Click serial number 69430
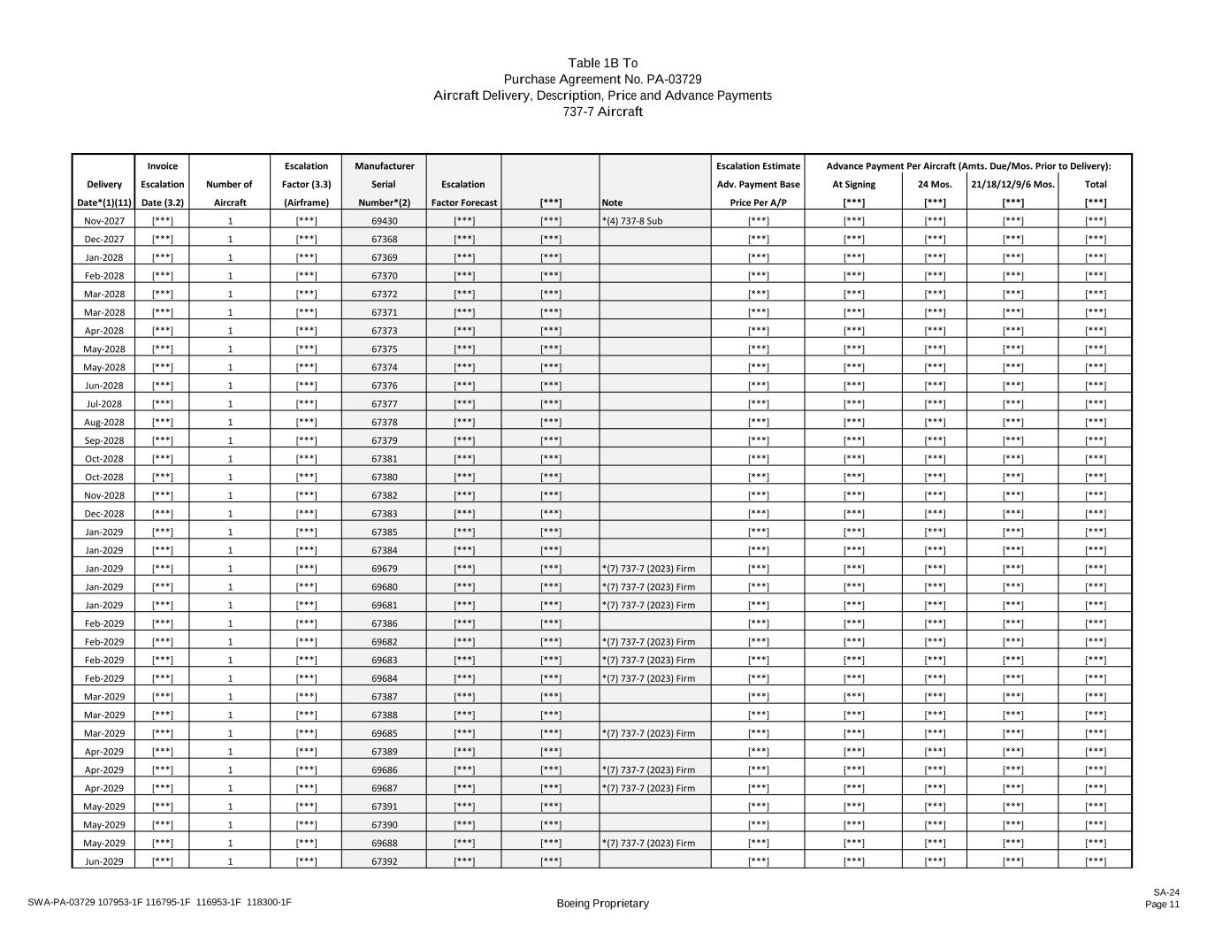384,221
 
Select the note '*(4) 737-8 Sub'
631,221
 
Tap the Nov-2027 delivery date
104,221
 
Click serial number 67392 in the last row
384,861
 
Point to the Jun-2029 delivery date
104,861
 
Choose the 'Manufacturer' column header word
384,166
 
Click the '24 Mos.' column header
934,185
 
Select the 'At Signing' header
853,185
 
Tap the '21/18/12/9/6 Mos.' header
1012,185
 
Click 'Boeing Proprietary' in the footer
602,903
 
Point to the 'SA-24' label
1165,892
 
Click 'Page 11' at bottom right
1162,904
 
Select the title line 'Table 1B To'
602,63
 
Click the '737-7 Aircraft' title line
602,111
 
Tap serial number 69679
384,569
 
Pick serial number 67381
384,459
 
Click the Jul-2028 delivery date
104,404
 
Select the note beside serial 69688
648,843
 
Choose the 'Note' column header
612,203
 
